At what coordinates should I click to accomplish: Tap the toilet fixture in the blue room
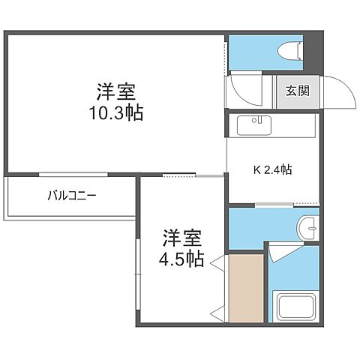pyautogui.click(x=287, y=51)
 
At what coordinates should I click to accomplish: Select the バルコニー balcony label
pyautogui.click(x=72, y=197)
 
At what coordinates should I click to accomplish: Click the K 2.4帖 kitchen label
pyautogui.click(x=271, y=169)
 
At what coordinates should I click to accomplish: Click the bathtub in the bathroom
pyautogui.click(x=295, y=307)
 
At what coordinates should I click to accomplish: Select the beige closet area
pyautogui.click(x=246, y=289)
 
